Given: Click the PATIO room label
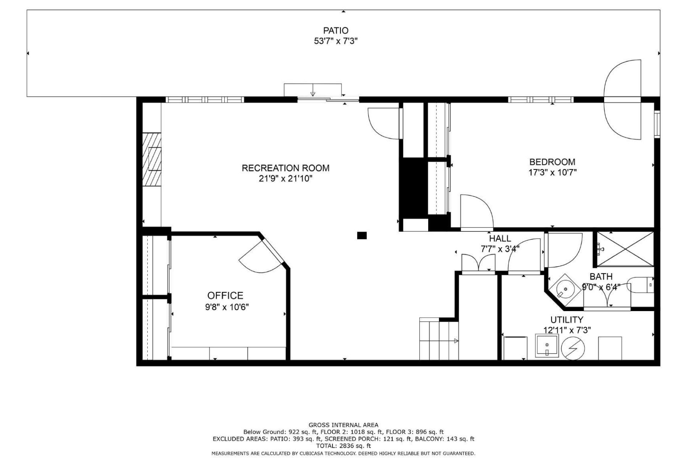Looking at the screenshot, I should (x=335, y=31).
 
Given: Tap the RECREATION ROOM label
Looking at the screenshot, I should (x=285, y=168).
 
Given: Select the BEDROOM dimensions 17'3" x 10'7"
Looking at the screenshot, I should (x=552, y=173).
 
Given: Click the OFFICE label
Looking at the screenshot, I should (x=225, y=295).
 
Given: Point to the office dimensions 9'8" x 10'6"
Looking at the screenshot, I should (x=227, y=307).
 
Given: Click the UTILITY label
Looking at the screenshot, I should (x=566, y=320).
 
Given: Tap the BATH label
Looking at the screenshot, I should (x=601, y=276).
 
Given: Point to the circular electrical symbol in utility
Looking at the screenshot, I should (x=573, y=348).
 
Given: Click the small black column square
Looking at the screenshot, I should (x=361, y=235).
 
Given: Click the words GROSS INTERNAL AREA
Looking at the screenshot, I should (x=343, y=425).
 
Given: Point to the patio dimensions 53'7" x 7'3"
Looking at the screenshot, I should (x=335, y=41).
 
